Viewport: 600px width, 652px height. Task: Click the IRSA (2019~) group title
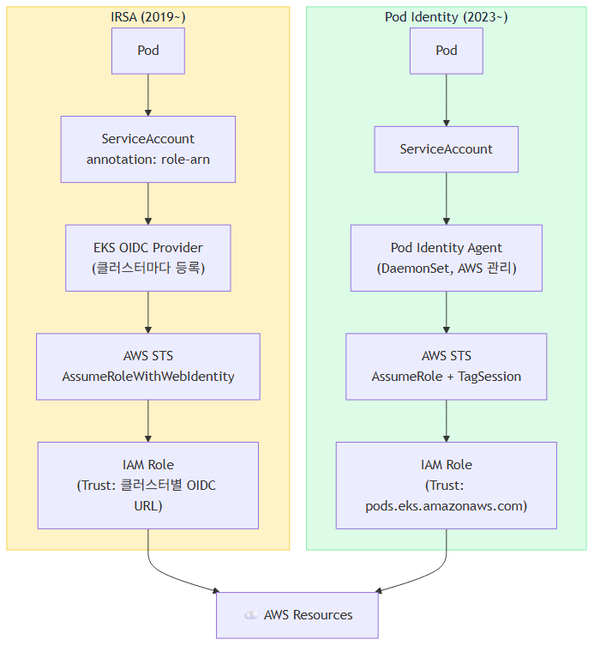148,17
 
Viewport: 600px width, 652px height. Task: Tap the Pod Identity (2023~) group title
446,17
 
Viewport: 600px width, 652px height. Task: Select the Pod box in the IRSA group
148,51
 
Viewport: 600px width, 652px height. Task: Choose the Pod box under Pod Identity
447,51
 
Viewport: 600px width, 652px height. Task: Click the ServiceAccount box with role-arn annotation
148,149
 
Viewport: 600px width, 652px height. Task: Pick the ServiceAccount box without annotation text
447,149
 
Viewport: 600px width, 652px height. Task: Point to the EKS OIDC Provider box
148,258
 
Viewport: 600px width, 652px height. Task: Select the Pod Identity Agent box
447,258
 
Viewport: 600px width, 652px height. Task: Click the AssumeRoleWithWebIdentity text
148,377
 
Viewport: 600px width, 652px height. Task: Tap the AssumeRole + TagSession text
447,377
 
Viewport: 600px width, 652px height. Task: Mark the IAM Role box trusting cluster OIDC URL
148,486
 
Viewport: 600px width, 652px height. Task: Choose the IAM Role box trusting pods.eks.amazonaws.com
447,486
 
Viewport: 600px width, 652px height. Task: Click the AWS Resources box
297,615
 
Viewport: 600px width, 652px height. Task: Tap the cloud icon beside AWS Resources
251,615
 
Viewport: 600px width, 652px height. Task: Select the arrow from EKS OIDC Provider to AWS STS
148,312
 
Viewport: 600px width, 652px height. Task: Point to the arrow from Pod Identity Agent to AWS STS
447,312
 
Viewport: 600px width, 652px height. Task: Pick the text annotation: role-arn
148,160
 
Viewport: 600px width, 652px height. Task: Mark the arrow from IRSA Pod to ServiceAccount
148,95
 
